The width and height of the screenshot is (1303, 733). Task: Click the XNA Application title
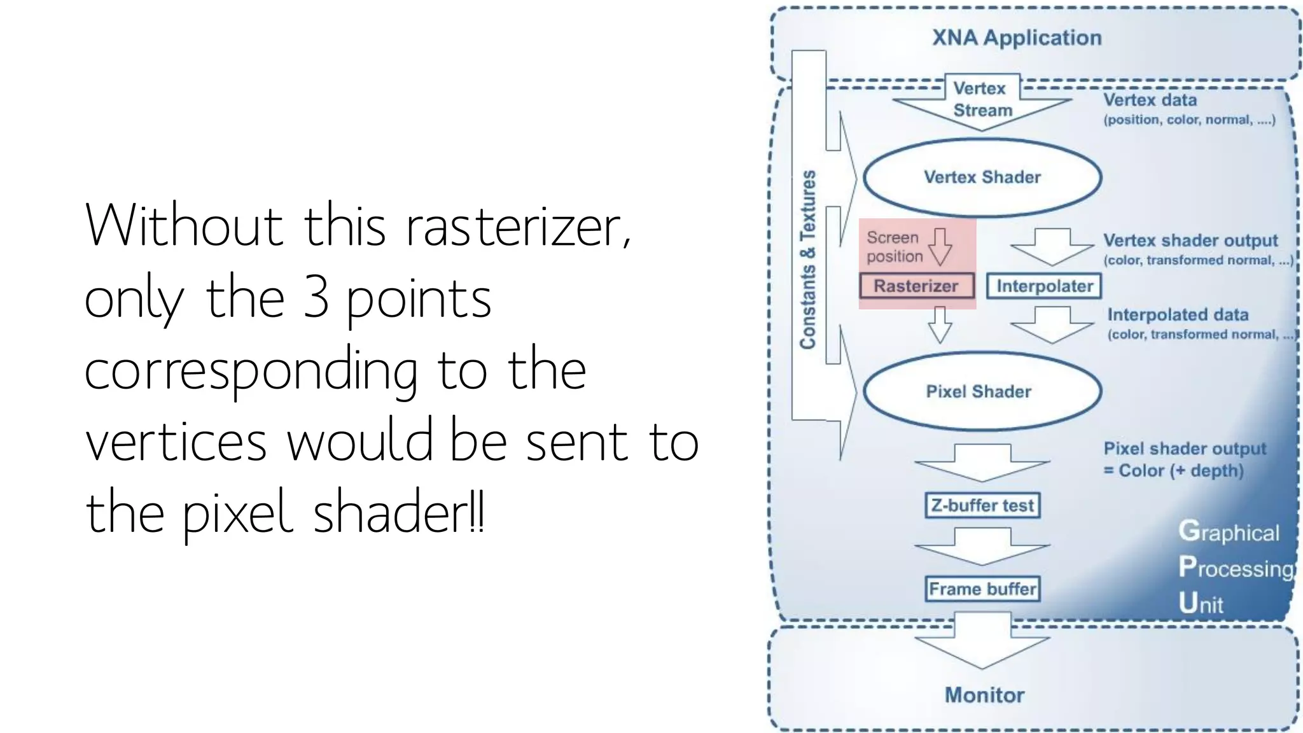tap(1017, 38)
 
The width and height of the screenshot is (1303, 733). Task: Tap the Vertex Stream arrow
tap(982, 102)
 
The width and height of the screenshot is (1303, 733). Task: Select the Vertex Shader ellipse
tap(982, 178)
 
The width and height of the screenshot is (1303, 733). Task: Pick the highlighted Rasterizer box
tap(916, 286)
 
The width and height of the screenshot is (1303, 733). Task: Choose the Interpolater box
tap(1044, 286)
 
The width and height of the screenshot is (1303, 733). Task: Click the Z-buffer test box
tap(982, 505)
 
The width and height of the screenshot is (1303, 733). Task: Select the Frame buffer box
tap(982, 589)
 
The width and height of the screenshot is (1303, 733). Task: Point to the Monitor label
tap(984, 695)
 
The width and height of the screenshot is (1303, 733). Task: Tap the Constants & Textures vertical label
tap(808, 260)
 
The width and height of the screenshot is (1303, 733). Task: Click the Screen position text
tap(894, 247)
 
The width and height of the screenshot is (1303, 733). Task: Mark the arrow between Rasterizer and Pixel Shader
tap(940, 325)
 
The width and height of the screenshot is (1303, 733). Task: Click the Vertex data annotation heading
tap(1150, 100)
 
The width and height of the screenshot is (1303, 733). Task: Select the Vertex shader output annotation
tap(1190, 241)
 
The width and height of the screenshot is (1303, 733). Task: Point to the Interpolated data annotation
tap(1178, 315)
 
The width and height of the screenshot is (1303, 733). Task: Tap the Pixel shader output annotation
tap(1185, 449)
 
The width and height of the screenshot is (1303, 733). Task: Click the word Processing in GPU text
tap(1236, 568)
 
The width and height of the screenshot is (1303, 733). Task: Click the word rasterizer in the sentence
tap(518, 227)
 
